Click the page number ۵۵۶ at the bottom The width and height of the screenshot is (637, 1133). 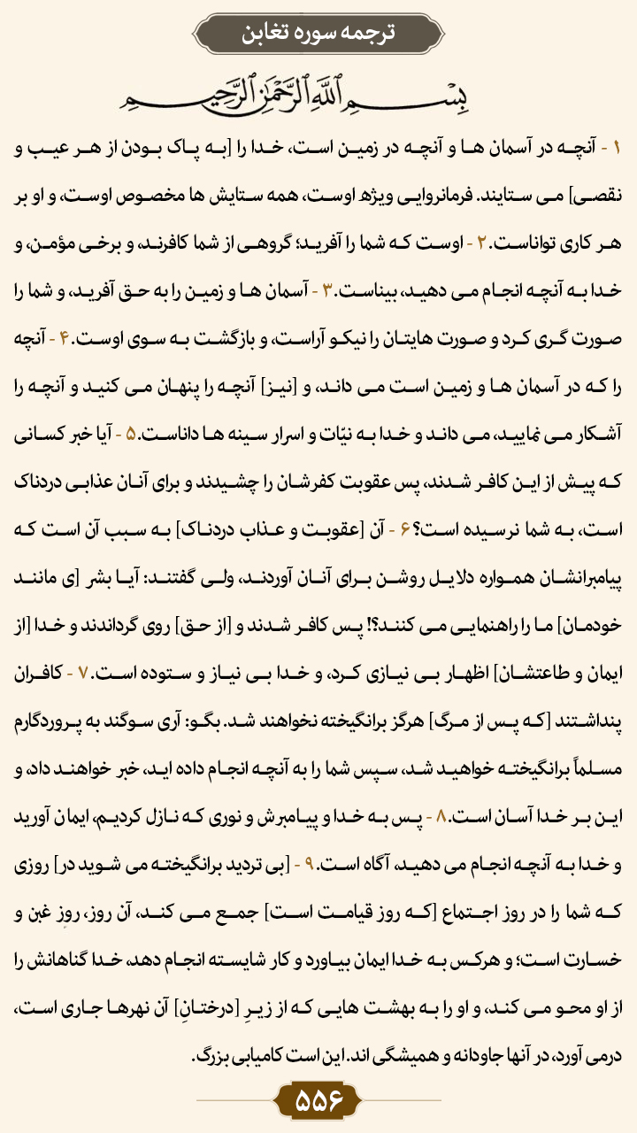click(x=318, y=1102)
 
